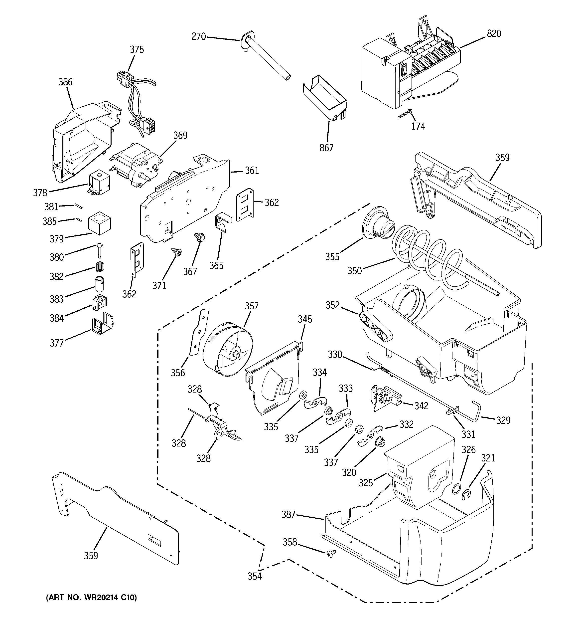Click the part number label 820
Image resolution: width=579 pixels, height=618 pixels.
point(494,33)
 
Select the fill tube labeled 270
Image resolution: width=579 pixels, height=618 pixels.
point(267,59)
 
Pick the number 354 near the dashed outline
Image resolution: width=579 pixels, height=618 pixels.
point(255,576)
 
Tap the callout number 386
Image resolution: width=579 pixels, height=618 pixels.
point(66,82)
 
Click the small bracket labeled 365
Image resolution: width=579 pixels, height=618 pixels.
point(223,222)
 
